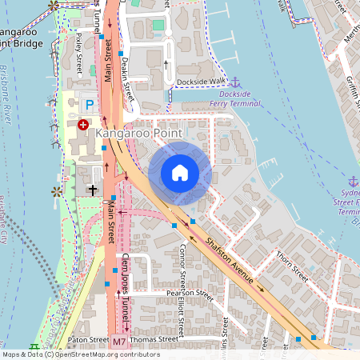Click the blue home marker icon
tap(180, 173)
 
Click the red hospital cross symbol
tap(83, 124)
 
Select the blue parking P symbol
tap(90, 105)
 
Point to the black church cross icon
tap(92, 190)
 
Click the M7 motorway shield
tap(119, 342)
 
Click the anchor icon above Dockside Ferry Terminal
tap(235, 82)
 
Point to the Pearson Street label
tap(190, 294)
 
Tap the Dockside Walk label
tap(202, 81)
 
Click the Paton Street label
tap(88, 340)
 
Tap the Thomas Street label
tap(155, 339)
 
